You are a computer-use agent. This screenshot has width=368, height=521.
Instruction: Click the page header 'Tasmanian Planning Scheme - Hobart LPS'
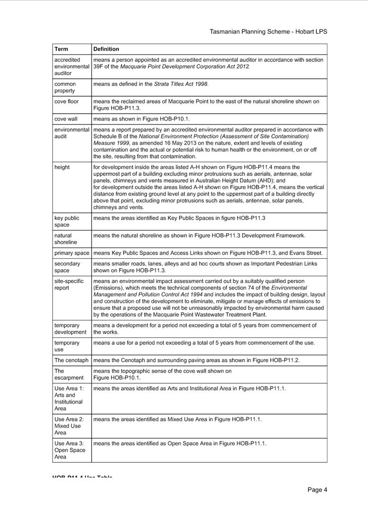tap(268, 32)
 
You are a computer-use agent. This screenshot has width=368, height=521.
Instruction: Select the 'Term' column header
tap(61, 49)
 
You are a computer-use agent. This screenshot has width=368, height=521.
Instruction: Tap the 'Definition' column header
tap(106, 49)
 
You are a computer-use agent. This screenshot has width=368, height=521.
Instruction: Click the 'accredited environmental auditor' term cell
tap(71, 67)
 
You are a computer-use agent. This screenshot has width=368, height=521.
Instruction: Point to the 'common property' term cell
tap(65, 88)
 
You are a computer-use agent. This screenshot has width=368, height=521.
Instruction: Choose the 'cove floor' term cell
tap(67, 102)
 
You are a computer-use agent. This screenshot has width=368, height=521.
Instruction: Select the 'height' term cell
tap(62, 168)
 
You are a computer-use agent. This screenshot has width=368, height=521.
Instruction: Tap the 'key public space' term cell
tap(67, 221)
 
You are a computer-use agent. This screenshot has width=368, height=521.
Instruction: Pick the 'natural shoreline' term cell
tap(65, 239)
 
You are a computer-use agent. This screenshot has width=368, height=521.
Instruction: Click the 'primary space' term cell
tap(71, 253)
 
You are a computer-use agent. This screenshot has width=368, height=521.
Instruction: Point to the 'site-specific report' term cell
tap(69, 284)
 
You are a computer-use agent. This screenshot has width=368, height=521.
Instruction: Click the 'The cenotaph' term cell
tap(71, 361)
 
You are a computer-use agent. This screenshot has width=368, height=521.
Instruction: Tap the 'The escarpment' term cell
tap(69, 374)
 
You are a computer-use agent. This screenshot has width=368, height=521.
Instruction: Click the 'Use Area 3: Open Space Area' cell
tap(70, 450)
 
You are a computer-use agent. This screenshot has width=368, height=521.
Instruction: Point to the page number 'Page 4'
tap(317, 490)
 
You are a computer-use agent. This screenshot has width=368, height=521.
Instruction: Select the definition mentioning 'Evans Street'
tap(208, 253)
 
